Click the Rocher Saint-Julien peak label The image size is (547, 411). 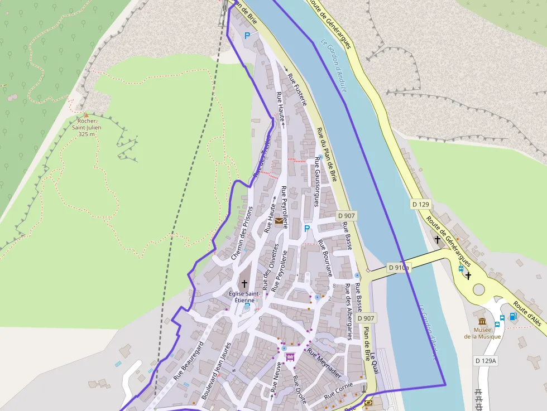pos(86,127)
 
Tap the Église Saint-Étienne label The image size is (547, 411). pos(244,296)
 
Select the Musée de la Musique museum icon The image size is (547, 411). pos(482,321)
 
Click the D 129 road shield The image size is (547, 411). pos(421,204)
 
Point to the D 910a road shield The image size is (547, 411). pos(399,268)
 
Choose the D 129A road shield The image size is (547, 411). pos(485,361)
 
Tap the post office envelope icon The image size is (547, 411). pos(279,221)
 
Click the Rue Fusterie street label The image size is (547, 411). pos(297,89)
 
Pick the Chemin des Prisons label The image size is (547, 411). pos(242,233)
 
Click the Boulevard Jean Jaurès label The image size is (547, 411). pos(215,370)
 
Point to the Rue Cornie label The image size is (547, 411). pos(338,391)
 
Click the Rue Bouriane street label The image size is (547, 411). pos(325,258)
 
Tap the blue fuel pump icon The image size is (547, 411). pos(513,316)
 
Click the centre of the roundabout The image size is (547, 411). pos(479,289)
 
